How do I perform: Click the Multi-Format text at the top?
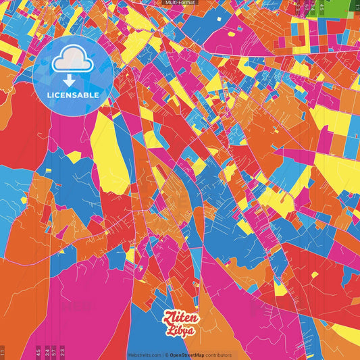[179, 3]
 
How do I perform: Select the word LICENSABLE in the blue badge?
[73, 95]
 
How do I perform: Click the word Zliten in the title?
[180, 317]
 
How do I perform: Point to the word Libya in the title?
[180, 331]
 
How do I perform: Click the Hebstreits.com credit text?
[145, 355]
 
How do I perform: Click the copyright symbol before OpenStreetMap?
[167, 355]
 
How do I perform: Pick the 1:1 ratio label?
[3, 352]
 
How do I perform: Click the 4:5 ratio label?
[38, 352]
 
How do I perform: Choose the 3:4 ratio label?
[47, 352]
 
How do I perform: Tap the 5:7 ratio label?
[55, 352]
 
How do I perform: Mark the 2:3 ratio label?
[62, 352]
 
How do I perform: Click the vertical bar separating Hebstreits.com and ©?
[163, 355]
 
